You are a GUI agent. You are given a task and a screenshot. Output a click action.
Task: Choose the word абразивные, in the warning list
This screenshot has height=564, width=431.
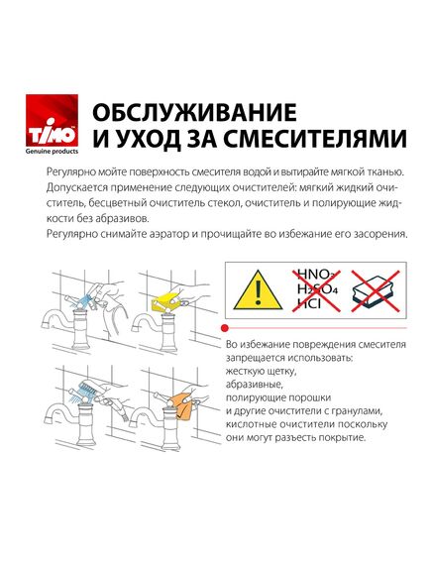(x=255, y=387)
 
